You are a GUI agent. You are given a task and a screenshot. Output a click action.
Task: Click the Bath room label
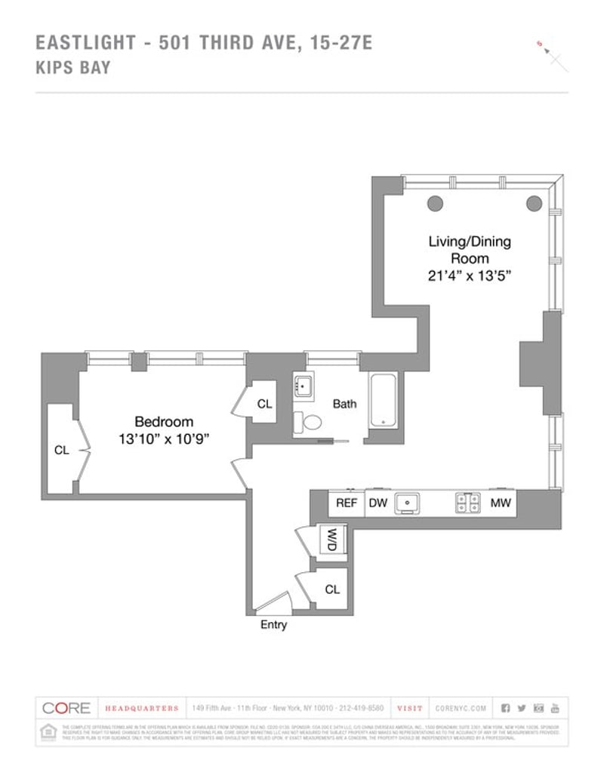[344, 404]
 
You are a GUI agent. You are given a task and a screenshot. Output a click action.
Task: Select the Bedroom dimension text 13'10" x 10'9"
[163, 438]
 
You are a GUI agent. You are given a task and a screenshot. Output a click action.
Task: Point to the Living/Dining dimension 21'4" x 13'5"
[469, 276]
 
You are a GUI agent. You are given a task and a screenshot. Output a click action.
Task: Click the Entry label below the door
[273, 625]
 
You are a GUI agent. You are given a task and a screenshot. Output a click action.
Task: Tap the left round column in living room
[434, 202]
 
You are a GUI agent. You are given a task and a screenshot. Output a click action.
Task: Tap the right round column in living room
[535, 202]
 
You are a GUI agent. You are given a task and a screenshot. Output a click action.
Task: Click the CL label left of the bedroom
[61, 450]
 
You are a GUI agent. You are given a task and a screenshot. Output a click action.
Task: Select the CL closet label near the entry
[332, 589]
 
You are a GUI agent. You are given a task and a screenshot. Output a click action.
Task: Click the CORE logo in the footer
[66, 708]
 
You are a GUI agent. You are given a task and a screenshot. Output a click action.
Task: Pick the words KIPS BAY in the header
[73, 68]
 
